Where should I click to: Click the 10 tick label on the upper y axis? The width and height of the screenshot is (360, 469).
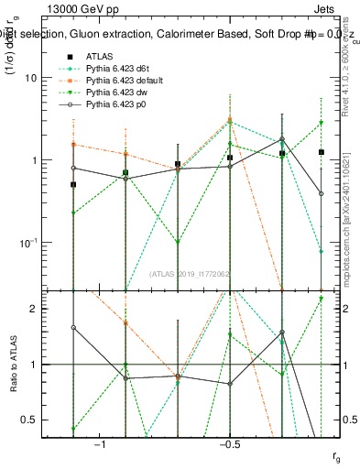[43, 78]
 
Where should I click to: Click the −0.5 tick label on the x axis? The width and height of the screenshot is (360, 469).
[229, 444]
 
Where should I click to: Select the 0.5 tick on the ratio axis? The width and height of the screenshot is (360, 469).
[42, 420]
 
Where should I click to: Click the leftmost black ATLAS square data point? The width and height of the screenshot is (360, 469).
[73, 185]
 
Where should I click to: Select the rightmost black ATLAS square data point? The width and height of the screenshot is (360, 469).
[322, 152]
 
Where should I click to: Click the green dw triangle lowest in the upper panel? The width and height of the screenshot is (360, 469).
[177, 244]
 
